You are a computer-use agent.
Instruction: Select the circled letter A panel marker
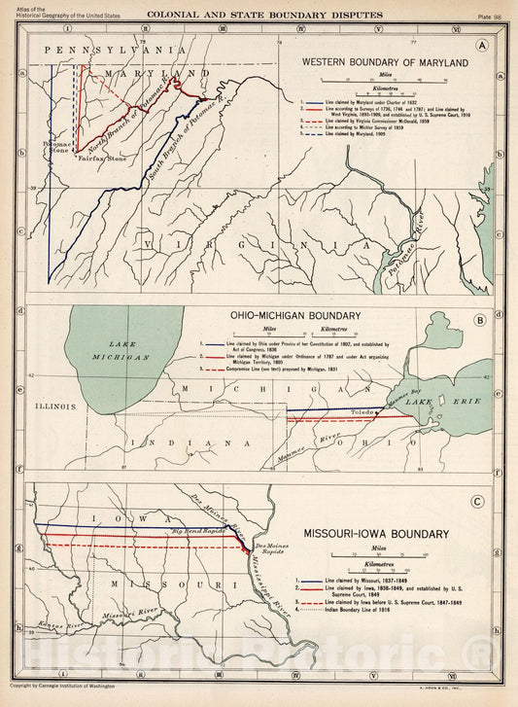click(482, 46)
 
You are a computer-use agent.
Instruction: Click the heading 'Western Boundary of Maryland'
click(385, 62)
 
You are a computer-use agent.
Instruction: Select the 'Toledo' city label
click(364, 412)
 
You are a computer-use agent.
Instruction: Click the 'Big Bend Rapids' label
click(198, 531)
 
